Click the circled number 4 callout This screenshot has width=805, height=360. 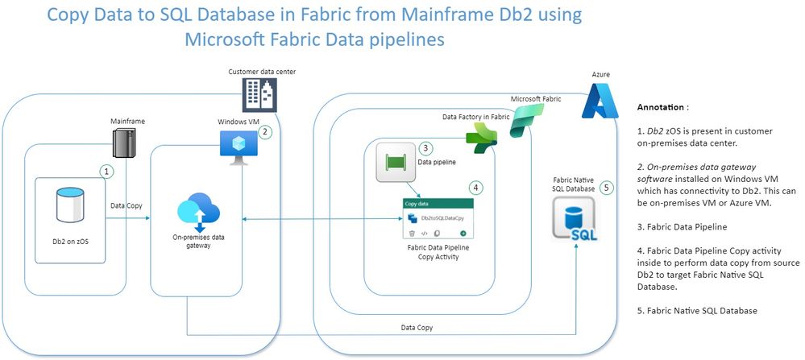(x=475, y=187)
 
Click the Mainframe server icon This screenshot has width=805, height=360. (x=121, y=143)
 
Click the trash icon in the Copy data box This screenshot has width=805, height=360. (x=411, y=232)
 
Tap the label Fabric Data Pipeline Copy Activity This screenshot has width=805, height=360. (x=439, y=252)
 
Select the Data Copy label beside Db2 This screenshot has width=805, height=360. (x=127, y=206)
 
